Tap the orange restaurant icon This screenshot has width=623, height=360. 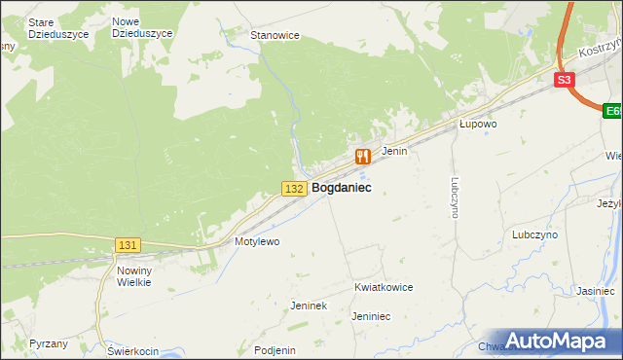[x=363, y=156]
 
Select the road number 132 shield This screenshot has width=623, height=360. [x=296, y=187]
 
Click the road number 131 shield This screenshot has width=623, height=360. [x=128, y=246]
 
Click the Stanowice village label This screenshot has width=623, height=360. [x=275, y=35]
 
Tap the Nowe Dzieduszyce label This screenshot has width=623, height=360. [x=142, y=27]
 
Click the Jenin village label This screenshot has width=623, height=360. [x=393, y=151]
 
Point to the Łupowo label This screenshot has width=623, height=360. [x=478, y=125]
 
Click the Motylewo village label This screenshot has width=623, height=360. [x=257, y=240]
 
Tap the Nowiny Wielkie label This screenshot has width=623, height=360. [x=133, y=275]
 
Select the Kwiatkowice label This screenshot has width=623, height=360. [x=384, y=288]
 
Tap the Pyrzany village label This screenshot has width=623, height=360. [x=49, y=343]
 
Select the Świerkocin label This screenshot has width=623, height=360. [x=132, y=350]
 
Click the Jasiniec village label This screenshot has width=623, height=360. [x=595, y=290]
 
